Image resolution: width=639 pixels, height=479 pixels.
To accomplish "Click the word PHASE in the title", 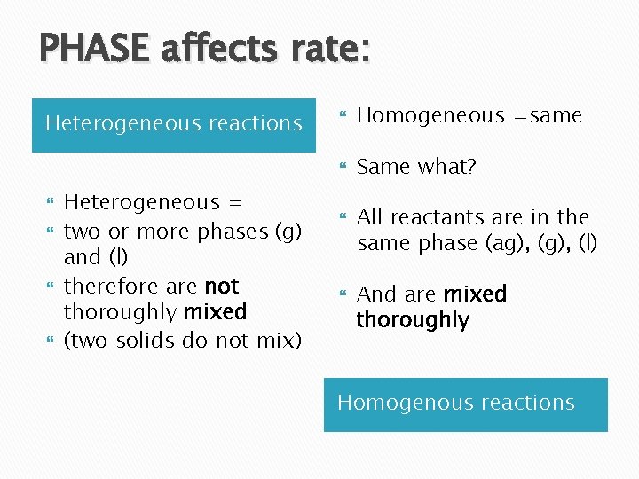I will click(94, 49).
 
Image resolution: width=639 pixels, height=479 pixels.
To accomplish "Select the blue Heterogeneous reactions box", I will click(174, 125).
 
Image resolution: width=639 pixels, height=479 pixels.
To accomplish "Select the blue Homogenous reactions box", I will click(465, 404).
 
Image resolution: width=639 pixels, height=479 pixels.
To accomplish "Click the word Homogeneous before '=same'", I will click(430, 115).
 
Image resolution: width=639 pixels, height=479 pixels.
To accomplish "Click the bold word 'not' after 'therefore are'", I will click(222, 287).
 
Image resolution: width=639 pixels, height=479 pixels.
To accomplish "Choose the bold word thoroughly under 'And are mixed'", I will click(412, 320).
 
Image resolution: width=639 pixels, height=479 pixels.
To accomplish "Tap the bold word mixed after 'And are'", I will click(475, 294).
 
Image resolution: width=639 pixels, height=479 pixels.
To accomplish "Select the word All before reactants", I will click(370, 217).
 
